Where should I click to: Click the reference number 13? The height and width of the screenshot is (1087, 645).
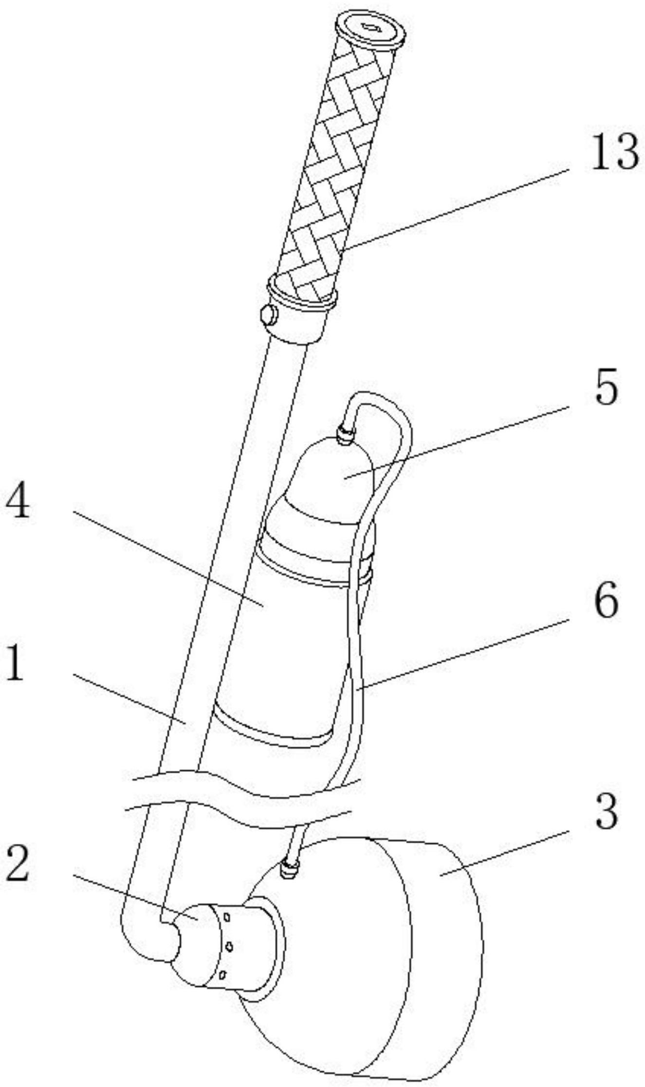click(x=614, y=152)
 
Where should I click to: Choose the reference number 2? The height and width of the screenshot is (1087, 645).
click(x=18, y=863)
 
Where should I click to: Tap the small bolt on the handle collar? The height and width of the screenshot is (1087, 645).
click(x=269, y=316)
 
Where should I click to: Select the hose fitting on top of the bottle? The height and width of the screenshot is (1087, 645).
click(x=345, y=433)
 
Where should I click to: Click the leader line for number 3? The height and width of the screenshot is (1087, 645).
click(x=503, y=852)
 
